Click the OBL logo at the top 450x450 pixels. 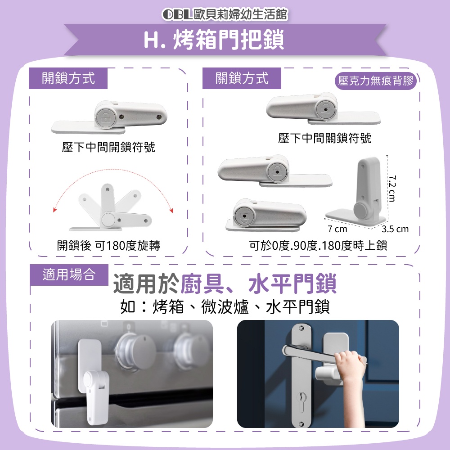click(x=177, y=15)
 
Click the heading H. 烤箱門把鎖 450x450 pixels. click(x=214, y=40)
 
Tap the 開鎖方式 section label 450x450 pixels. click(x=68, y=78)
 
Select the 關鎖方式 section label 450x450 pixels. click(x=242, y=78)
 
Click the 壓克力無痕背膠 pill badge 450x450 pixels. click(x=376, y=81)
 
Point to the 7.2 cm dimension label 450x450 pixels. click(x=392, y=188)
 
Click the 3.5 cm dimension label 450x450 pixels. click(x=395, y=229)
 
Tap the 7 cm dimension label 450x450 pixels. click(x=337, y=229)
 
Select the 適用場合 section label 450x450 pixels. click(x=69, y=274)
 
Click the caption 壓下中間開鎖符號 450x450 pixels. click(x=108, y=147)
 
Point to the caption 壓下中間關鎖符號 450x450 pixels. click(x=324, y=138)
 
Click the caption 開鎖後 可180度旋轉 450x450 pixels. click(x=108, y=245)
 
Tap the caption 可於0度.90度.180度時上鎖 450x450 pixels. click(x=318, y=246)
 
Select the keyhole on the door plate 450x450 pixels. click(x=301, y=398)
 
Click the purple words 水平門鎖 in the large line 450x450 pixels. click(x=292, y=284)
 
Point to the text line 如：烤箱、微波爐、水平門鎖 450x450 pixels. click(x=225, y=307)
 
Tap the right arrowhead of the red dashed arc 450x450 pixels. click(x=171, y=210)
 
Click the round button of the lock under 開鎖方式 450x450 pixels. click(x=106, y=117)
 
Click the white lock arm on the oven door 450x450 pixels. click(x=96, y=396)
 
